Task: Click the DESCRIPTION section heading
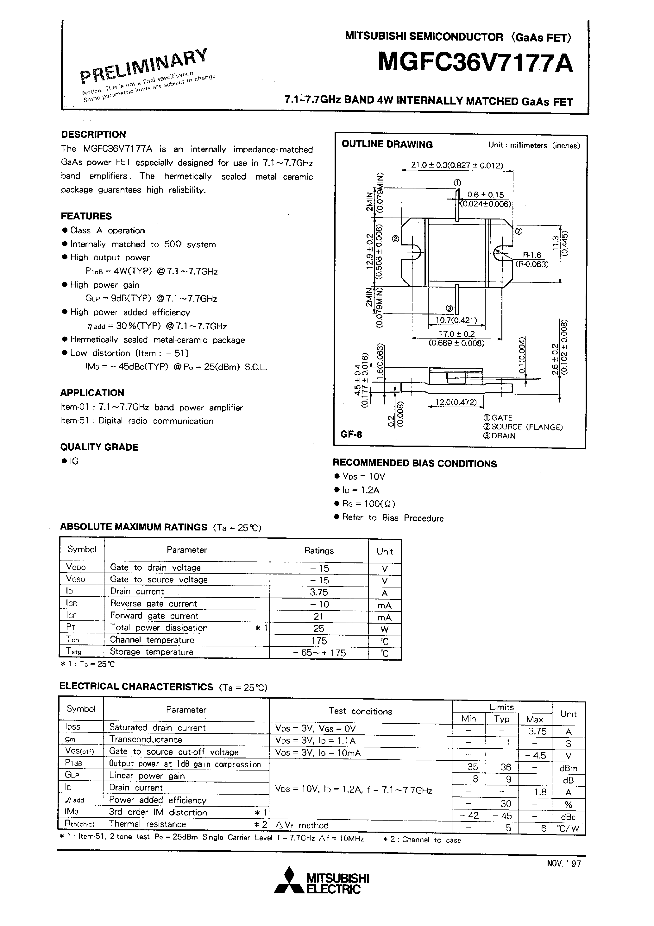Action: (93, 134)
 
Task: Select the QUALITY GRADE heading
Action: (99, 447)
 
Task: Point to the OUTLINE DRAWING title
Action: (387, 144)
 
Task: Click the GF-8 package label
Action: (351, 434)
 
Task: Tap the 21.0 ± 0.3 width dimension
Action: (457, 165)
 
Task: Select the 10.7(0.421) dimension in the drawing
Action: (456, 320)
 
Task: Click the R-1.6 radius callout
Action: (532, 255)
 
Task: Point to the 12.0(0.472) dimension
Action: (455, 402)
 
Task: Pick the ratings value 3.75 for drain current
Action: (318, 592)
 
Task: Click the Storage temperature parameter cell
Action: (151, 652)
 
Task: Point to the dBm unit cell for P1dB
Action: (568, 768)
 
